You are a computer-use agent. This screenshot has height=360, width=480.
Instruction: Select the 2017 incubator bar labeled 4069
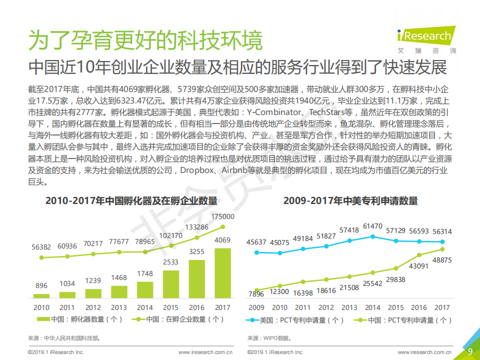[222, 273]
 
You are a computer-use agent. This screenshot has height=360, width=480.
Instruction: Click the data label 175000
[222, 216]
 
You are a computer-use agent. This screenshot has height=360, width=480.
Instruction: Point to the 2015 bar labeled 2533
[171, 284]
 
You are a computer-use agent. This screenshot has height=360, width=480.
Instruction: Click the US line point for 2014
[372, 236]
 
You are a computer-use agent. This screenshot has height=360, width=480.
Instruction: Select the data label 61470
[372, 226]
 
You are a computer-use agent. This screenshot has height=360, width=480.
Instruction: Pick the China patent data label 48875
[441, 260]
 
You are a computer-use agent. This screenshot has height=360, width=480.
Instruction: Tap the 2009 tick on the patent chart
[256, 307]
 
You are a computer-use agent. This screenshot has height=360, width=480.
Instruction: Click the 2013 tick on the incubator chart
[119, 307]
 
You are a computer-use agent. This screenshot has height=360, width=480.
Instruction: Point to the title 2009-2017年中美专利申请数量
[350, 201]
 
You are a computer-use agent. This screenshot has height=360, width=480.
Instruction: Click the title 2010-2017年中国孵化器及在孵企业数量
[131, 201]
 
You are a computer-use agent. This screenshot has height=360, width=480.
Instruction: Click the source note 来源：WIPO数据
[269, 338]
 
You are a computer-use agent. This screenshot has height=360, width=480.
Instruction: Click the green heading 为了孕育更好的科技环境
[145, 40]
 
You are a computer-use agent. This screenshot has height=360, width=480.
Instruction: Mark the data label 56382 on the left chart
[41, 247]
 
